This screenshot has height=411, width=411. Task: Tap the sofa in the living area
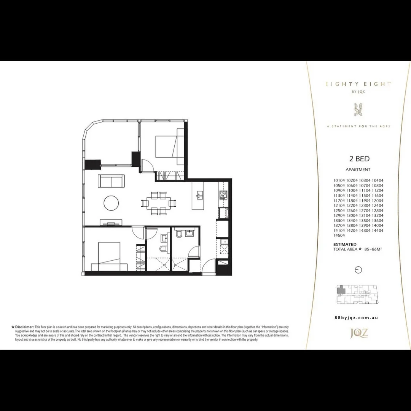coord(111,180)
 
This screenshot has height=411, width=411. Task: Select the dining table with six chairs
coord(159,202)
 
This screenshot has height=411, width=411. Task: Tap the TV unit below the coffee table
coord(111,222)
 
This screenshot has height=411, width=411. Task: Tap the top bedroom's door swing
coord(147,166)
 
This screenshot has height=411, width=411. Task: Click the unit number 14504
coord(339,236)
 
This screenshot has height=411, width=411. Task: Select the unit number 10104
coord(339,180)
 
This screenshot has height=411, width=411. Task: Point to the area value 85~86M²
coord(373,249)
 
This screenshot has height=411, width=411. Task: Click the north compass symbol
coord(358,270)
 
